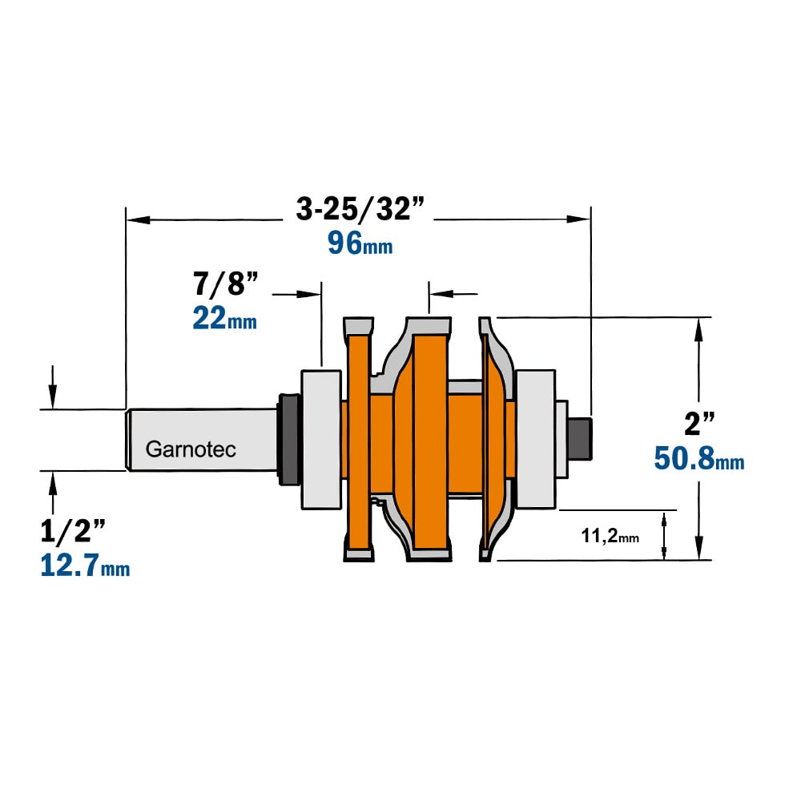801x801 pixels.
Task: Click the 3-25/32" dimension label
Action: (x=360, y=209)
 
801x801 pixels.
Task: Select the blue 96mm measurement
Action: (x=360, y=244)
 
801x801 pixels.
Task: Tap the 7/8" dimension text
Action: (x=226, y=284)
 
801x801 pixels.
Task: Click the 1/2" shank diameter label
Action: (x=73, y=531)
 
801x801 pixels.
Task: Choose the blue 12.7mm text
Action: (x=86, y=566)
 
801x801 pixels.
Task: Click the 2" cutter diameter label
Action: (x=700, y=424)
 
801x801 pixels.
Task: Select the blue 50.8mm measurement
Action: (x=699, y=458)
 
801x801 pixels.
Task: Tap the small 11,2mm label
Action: (x=610, y=536)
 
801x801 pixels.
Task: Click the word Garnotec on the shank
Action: (x=191, y=449)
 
